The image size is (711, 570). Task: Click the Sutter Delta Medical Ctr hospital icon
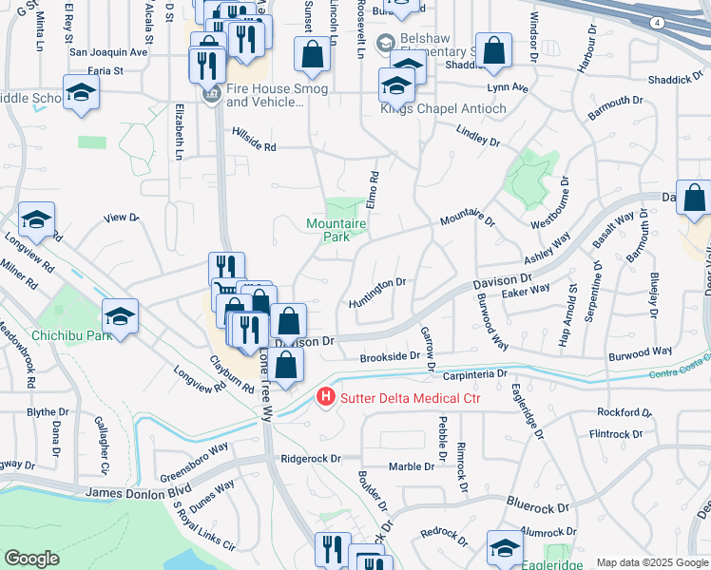coord(326,396)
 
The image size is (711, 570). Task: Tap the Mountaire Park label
coord(336,230)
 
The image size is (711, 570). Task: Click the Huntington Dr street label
coord(377,282)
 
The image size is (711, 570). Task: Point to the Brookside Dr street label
coord(390,356)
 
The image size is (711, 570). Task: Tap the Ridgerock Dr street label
coord(310,458)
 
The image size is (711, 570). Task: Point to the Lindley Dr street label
coord(477,135)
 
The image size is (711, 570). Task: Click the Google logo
coord(32,559)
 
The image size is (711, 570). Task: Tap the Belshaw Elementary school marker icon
coord(385,43)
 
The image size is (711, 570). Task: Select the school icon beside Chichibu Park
coord(120,317)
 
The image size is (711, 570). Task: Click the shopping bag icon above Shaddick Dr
coord(494,50)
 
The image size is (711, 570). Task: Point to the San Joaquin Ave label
coord(109,52)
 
